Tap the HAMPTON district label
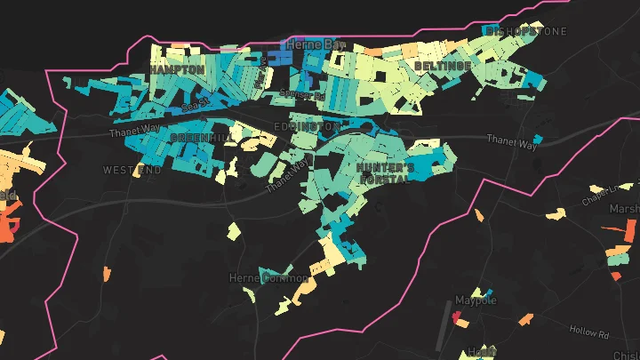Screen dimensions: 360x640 pos(177,69)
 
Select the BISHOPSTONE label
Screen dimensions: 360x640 pos(525,31)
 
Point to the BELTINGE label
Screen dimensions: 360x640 pos(443,67)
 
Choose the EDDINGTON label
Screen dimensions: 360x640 pos(307,127)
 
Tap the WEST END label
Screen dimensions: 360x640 pos(132,170)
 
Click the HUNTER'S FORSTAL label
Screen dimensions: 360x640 pos(385,172)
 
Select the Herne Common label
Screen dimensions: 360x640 pos(268,278)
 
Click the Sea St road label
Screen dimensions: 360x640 pos(195,106)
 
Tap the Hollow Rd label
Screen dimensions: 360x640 pos(590,333)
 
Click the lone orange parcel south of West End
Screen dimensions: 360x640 pos(107,273)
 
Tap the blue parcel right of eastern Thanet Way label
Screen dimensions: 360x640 pos(538,140)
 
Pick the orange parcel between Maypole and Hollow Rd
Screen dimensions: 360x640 pos(528,318)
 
